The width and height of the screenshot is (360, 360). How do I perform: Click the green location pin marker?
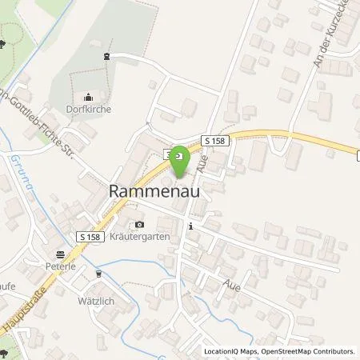point(181,160)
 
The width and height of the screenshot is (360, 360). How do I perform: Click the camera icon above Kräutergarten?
point(140,225)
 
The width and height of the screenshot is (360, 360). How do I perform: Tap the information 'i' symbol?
point(190,227)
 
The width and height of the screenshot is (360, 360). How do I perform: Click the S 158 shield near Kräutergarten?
point(90,237)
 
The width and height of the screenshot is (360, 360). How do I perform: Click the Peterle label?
point(61,266)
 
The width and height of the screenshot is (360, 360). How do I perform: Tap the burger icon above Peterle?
point(59,254)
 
